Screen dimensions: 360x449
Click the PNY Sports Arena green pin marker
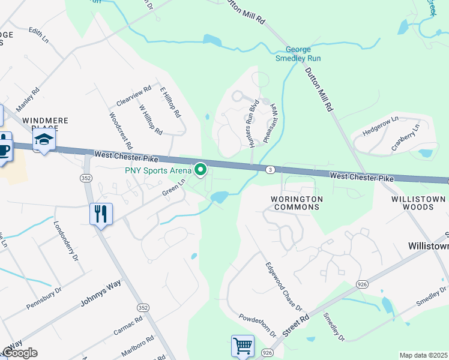point(199,170)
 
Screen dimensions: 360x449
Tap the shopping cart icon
point(243,346)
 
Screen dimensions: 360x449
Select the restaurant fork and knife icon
point(100,214)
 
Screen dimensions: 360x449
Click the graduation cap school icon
point(44,140)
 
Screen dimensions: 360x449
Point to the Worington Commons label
point(296,203)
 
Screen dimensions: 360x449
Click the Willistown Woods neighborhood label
point(419,203)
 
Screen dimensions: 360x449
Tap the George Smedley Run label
point(298,54)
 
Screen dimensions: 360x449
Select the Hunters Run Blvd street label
point(254,123)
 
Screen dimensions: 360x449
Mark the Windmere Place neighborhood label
point(46,124)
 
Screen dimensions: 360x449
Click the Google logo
point(19,353)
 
